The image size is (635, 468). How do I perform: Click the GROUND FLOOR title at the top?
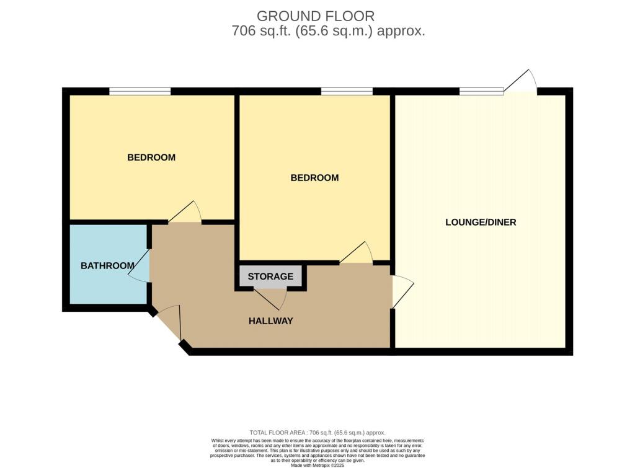[x=316, y=16]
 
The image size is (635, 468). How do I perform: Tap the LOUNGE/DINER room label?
[x=481, y=223]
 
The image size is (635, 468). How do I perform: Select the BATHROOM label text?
[x=107, y=266]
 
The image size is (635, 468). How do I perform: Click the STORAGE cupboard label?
[x=270, y=276]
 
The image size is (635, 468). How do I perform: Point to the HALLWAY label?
[x=270, y=321]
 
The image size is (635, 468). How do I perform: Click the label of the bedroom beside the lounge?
[x=314, y=178]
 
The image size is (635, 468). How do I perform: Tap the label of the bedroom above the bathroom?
[x=151, y=157]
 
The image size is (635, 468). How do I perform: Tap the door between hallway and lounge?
[x=402, y=291]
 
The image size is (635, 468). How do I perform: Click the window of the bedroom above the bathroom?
[x=140, y=91]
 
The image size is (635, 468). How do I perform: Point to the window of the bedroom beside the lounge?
[x=347, y=91]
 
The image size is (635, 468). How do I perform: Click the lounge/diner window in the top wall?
[x=481, y=91]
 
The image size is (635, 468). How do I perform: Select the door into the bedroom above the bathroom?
[x=185, y=212]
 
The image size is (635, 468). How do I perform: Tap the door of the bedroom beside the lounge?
[x=356, y=253]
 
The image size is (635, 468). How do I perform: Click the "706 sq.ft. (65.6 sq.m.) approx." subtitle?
[x=329, y=31]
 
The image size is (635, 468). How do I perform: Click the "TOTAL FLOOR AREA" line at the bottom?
[x=317, y=433]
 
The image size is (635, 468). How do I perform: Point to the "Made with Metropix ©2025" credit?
[x=317, y=466]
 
